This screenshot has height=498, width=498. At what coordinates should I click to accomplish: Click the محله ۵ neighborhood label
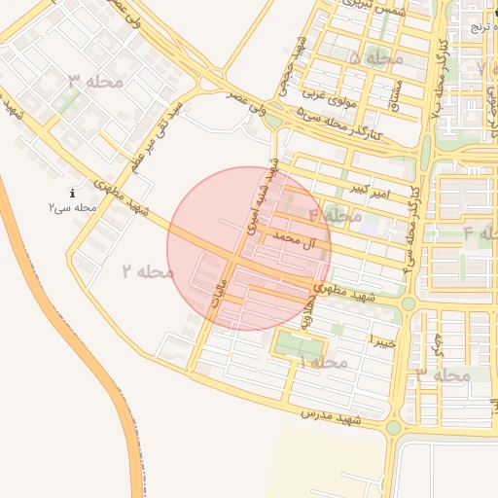coord(376,58)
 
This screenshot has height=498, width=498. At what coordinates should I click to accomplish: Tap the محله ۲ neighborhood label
coord(148,271)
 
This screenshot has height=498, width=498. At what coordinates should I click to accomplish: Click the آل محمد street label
coord(297,239)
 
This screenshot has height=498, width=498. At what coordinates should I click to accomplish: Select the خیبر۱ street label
coord(383,340)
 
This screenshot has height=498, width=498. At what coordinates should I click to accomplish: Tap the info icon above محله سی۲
coord(72,195)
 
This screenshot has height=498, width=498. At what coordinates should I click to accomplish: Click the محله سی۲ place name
coord(72,208)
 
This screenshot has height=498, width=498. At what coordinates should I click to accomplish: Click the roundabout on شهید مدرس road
coord(393,428)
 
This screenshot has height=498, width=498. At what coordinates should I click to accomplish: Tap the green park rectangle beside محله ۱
coord(298,345)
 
